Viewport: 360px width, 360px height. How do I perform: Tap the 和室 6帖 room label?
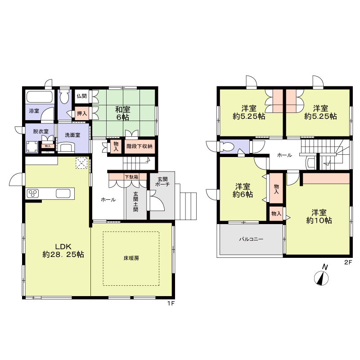point(122,113)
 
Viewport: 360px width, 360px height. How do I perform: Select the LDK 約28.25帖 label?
point(63,251)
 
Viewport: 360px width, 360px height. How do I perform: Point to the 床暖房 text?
point(131,258)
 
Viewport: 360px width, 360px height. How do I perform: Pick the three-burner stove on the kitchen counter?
point(33,193)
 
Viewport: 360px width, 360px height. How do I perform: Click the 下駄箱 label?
point(131,177)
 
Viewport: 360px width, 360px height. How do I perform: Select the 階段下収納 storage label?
point(139,146)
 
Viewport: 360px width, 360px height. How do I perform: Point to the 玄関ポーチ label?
point(162,181)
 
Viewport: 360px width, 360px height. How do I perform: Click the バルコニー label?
point(251,239)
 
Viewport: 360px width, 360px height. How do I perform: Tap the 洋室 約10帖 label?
point(319,216)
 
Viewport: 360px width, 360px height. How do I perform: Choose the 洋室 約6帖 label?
point(243,190)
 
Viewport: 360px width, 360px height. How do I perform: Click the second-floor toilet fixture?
point(226,146)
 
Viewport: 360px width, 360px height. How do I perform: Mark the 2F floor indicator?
point(348,262)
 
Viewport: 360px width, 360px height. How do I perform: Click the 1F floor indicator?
point(171,303)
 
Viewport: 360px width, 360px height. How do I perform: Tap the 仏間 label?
point(81,96)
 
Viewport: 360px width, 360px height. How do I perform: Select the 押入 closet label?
point(82,113)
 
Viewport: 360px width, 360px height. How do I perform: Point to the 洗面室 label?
point(72,135)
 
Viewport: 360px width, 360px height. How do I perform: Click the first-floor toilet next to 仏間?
point(64,97)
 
